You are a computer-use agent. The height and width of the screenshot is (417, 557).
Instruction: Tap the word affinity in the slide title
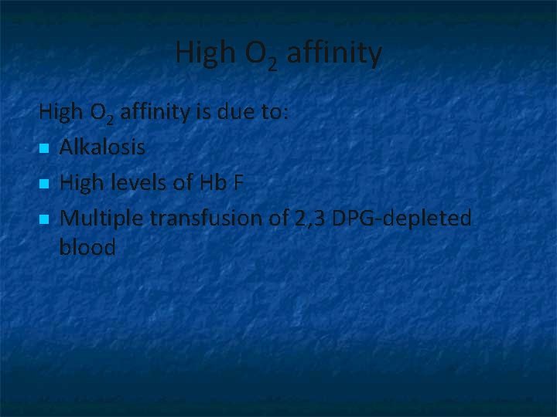(x=333, y=53)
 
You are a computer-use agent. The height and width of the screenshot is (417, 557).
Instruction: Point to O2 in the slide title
(x=261, y=56)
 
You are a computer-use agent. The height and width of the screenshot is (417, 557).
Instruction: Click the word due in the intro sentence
(x=237, y=113)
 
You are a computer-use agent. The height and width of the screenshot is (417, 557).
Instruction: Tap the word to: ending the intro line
(x=275, y=113)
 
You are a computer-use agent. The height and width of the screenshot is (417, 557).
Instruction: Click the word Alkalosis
(x=101, y=147)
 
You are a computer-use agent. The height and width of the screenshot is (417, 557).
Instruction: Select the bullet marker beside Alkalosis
(x=44, y=147)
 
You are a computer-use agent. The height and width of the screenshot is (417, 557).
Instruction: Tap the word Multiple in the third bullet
(x=101, y=219)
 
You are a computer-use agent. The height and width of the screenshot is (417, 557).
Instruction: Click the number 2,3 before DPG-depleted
(x=309, y=219)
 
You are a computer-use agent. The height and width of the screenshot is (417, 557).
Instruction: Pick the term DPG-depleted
(x=401, y=219)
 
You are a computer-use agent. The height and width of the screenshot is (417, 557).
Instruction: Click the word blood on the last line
(x=87, y=248)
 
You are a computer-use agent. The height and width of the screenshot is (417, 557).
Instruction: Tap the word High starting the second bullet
(x=79, y=183)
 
